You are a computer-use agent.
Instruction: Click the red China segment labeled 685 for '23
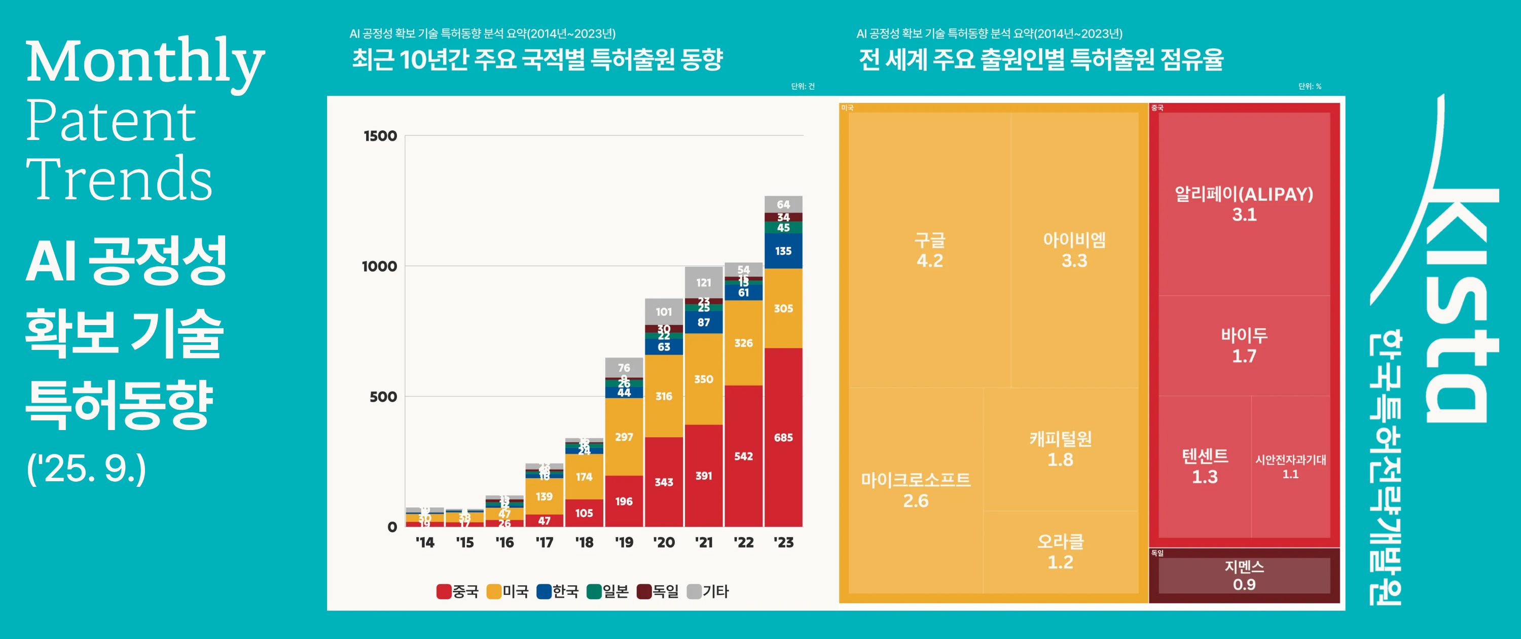click(x=783, y=438)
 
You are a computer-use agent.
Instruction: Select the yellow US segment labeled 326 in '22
click(x=743, y=343)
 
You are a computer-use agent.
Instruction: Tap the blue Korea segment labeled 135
click(x=783, y=251)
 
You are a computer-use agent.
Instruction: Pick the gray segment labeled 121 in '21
click(x=703, y=283)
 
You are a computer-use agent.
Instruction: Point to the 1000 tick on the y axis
click(x=379, y=266)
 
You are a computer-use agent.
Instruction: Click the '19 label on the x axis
click(x=624, y=542)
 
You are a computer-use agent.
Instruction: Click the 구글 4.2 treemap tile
click(x=929, y=250)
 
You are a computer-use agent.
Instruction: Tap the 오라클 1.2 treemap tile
click(x=1061, y=552)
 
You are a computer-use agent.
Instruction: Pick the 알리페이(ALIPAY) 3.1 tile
click(x=1244, y=204)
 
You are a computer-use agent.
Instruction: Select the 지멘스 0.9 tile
click(x=1244, y=575)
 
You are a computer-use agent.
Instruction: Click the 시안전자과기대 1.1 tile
click(x=1290, y=467)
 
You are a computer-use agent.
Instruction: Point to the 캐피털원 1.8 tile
click(x=1061, y=449)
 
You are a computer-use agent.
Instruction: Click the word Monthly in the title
click(x=144, y=62)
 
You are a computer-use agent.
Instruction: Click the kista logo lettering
click(x=1459, y=307)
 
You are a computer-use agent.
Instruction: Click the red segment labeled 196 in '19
click(x=624, y=502)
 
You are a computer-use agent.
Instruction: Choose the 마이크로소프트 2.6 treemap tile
click(x=915, y=490)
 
